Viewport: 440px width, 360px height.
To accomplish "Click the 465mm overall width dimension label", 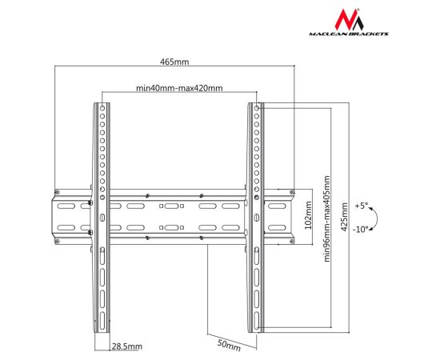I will coord(174,62).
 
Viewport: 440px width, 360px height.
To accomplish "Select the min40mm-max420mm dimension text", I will coord(179,88).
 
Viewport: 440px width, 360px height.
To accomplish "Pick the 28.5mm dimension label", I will coord(126,346).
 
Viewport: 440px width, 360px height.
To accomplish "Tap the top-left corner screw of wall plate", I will coord(57,191).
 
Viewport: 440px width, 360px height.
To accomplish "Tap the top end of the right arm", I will coord(254,106).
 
